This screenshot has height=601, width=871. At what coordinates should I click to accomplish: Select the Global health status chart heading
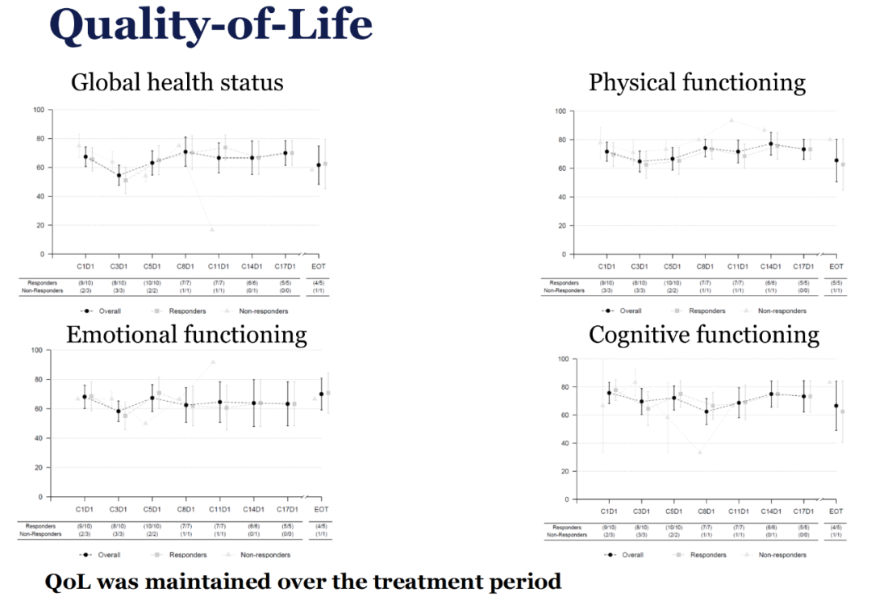(177, 81)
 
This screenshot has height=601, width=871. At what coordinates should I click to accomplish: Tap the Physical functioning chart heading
(697, 81)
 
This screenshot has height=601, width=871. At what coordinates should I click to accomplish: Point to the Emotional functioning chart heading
(186, 334)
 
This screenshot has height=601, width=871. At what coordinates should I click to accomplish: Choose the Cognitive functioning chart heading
(704, 334)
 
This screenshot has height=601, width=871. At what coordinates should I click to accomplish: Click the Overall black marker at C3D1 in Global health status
(119, 175)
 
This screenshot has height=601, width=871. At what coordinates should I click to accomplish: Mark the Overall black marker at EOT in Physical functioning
(836, 160)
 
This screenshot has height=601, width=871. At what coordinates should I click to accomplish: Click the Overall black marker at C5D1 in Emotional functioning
(152, 398)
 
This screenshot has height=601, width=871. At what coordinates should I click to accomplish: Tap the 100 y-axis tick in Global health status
(38, 110)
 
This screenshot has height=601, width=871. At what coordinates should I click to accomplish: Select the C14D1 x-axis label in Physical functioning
(771, 265)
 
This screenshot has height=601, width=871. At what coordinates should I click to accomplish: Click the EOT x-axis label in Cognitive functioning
(836, 511)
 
